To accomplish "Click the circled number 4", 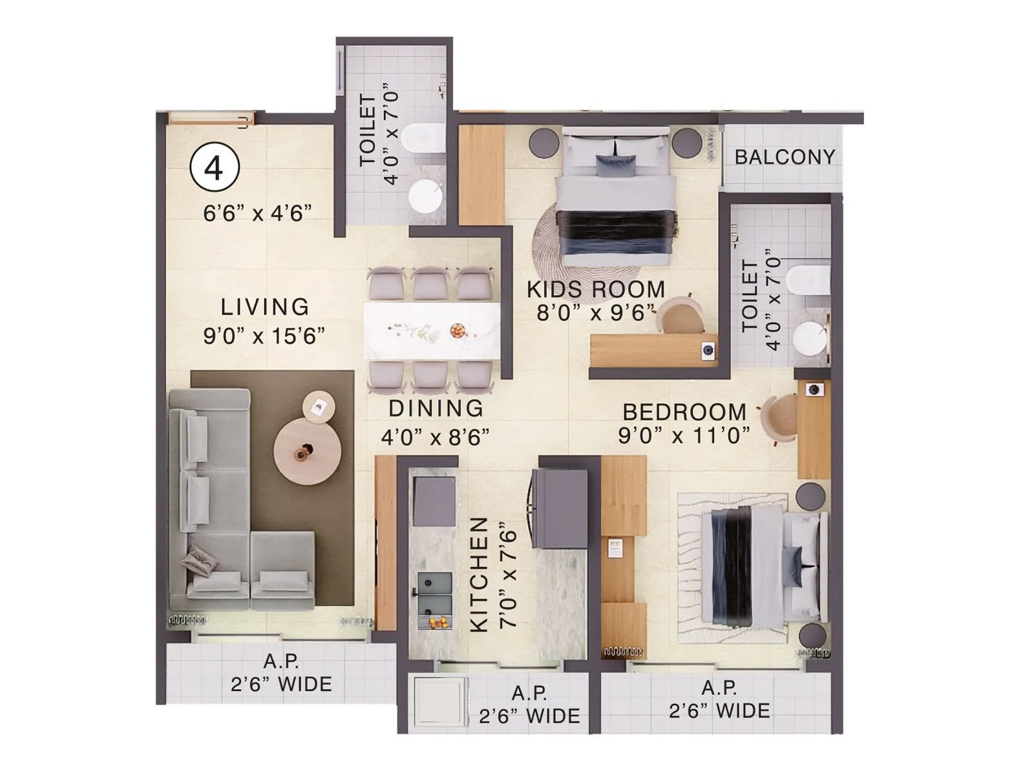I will pyautogui.click(x=215, y=167).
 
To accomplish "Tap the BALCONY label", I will pyautogui.click(x=785, y=157).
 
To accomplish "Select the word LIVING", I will pyautogui.click(x=265, y=307).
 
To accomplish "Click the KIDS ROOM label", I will pyautogui.click(x=596, y=289).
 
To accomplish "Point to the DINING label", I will pyautogui.click(x=436, y=408).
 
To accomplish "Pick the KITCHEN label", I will pyautogui.click(x=479, y=575).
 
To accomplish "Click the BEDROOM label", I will pyautogui.click(x=684, y=412).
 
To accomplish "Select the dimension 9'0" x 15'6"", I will pyautogui.click(x=264, y=336).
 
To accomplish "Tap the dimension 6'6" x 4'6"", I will pyautogui.click(x=258, y=213).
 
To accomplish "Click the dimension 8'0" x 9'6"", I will pyautogui.click(x=596, y=313).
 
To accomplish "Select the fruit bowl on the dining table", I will pyautogui.click(x=458, y=331).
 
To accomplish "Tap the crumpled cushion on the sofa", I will pyautogui.click(x=200, y=559).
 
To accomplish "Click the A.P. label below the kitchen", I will pyautogui.click(x=529, y=693).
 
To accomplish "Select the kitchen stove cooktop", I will pyautogui.click(x=434, y=501).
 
